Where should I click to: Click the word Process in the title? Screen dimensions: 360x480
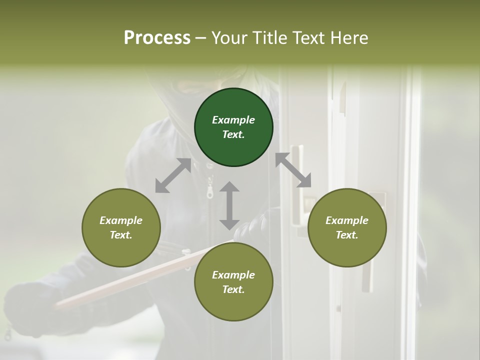[x=157, y=38]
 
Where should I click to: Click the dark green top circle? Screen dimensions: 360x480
[x=233, y=127]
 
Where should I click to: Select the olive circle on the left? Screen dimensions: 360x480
[x=121, y=227]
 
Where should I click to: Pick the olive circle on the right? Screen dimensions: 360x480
[x=347, y=227]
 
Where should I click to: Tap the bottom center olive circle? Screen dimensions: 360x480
[x=233, y=282]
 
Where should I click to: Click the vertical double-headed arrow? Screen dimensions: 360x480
[x=229, y=205]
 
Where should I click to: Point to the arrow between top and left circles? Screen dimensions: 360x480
[x=173, y=175]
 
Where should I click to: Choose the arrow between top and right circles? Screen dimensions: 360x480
[x=293, y=170]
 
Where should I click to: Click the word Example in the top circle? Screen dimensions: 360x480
[x=233, y=120]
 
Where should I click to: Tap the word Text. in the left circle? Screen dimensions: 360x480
[x=121, y=235]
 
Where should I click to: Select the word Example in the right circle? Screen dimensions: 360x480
[x=347, y=220]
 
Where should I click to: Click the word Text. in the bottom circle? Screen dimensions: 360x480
[x=233, y=289]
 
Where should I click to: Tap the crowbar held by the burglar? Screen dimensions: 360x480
[x=125, y=280]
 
